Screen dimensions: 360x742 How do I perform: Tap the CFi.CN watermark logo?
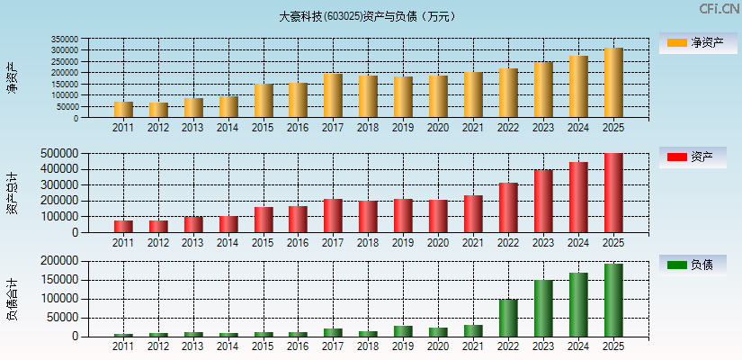[719, 9]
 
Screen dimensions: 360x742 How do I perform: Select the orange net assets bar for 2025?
[613, 83]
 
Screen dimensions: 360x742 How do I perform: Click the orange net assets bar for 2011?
[123, 110]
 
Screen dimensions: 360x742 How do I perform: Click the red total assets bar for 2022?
[508, 208]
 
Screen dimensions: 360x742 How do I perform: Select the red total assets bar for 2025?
[613, 193]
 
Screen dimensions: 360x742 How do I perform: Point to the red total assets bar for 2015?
[264, 220]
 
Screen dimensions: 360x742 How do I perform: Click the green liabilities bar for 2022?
[508, 318]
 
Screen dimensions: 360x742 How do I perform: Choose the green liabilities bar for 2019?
[403, 331]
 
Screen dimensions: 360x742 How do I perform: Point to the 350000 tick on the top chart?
[90, 40]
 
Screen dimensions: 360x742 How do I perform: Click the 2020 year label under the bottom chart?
[438, 346]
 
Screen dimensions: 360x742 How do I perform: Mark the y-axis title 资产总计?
[12, 193]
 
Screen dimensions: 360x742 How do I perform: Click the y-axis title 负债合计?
[12, 299]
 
